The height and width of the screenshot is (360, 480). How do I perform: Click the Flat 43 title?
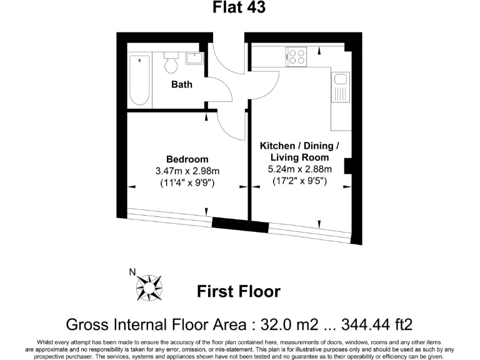tap(239, 8)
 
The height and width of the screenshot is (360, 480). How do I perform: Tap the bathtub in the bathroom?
tap(139, 80)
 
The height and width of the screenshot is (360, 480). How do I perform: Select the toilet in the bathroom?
tap(170, 63)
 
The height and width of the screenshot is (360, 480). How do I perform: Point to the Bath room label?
tap(182, 84)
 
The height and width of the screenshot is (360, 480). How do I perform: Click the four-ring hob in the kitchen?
tap(296, 56)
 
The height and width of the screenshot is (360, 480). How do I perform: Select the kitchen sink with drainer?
tap(341, 87)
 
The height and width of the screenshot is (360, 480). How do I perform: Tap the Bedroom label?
tap(187, 159)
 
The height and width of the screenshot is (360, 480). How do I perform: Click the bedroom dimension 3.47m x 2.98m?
tap(187, 171)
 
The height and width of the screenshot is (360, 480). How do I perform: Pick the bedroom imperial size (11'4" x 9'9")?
tap(187, 183)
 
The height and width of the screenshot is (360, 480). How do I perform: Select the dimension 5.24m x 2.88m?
tap(299, 169)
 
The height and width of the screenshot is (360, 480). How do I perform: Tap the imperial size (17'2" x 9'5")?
tap(299, 181)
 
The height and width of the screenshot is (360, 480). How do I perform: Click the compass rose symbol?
tap(150, 287)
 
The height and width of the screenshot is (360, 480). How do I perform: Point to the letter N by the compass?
tap(132, 271)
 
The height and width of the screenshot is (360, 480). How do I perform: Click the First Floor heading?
tap(239, 291)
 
